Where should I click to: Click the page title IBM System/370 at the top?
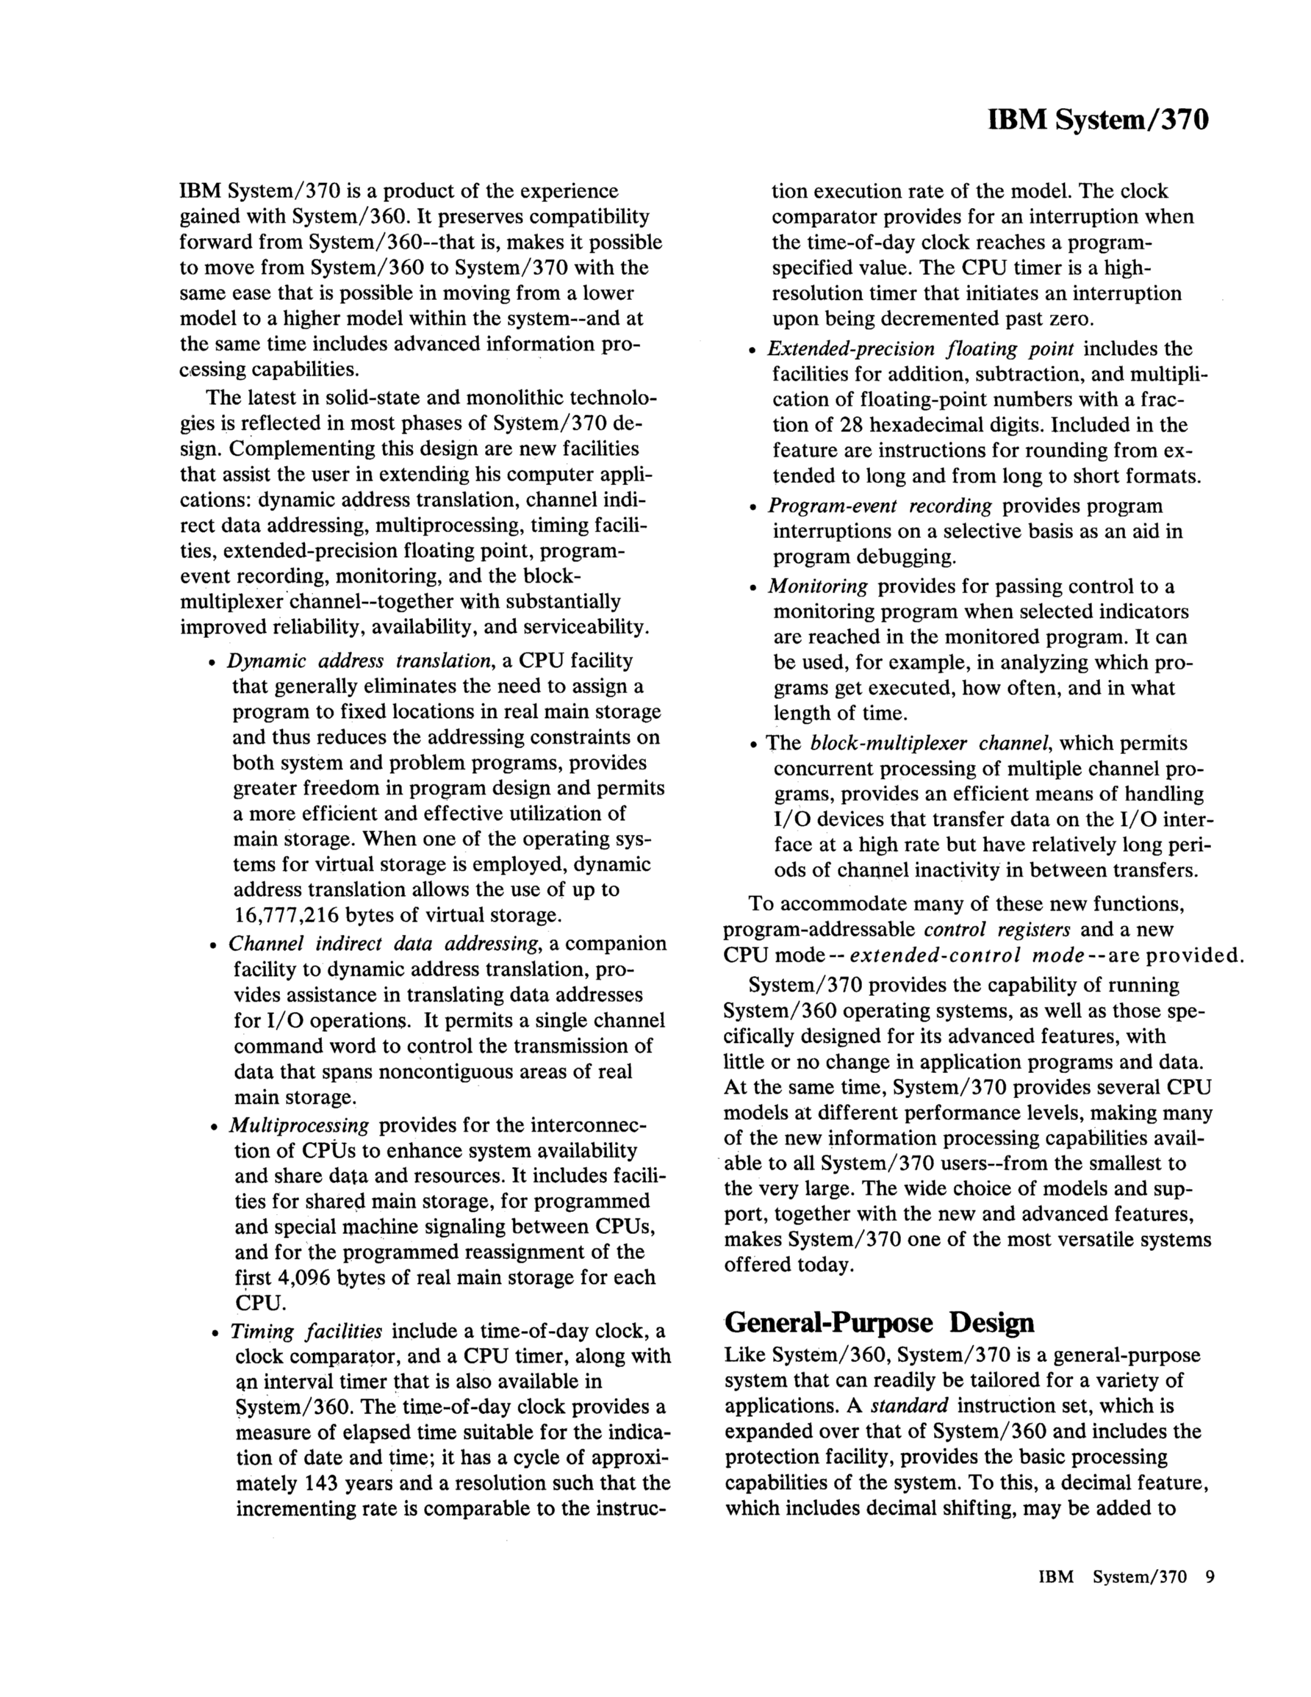tap(1098, 121)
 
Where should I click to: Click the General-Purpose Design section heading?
tap(879, 1321)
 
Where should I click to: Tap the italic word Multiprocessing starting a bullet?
tap(299, 1125)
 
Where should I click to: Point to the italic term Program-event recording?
tap(880, 506)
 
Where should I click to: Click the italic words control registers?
tap(997, 929)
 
